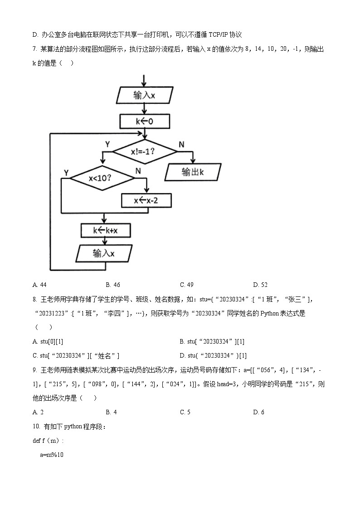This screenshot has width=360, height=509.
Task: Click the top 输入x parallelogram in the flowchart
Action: [144, 96]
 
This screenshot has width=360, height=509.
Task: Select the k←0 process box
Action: [145, 121]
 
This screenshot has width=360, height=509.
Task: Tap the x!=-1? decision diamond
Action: [144, 152]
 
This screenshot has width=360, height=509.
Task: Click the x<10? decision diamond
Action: [103, 178]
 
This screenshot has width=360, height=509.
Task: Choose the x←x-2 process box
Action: [146, 200]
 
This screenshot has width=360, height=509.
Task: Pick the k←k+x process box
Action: [105, 230]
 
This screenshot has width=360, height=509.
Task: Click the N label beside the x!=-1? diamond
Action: [181, 144]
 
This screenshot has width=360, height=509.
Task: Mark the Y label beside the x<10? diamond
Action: [66, 173]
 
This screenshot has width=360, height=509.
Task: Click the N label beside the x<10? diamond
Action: [138, 171]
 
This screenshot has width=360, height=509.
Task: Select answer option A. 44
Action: [40, 285]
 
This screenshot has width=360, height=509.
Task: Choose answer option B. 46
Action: [113, 285]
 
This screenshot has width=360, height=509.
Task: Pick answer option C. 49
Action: [187, 285]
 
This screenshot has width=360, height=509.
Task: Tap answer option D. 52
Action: [260, 285]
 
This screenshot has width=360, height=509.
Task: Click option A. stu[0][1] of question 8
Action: [51, 341]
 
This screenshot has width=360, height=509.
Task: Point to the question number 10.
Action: [36, 427]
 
